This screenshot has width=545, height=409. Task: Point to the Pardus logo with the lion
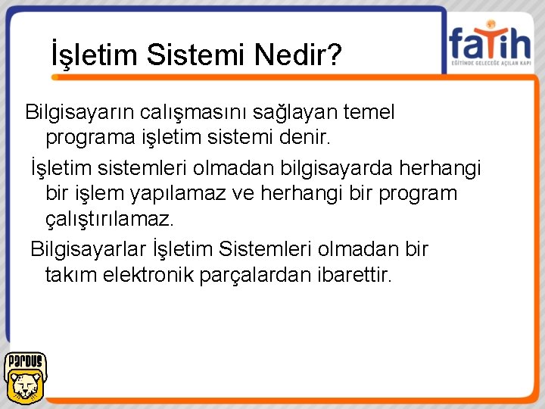(25, 376)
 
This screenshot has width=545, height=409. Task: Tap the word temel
(369, 113)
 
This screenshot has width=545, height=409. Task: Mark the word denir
(307, 139)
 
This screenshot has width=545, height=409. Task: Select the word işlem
(102, 193)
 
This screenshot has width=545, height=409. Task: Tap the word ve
(243, 193)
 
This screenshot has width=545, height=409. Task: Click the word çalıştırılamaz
(110, 220)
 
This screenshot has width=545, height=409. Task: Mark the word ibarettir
(353, 274)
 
